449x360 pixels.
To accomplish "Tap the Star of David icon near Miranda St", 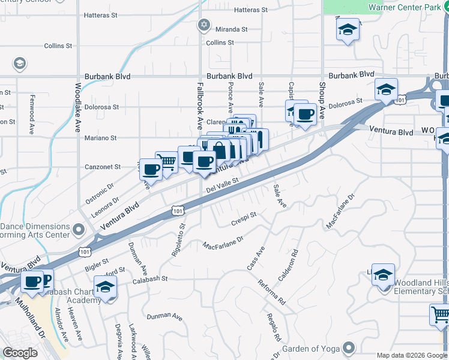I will coord(203,25).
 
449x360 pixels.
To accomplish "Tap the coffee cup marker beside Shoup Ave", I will coord(305,114).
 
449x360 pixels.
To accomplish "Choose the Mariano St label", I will coord(101,138).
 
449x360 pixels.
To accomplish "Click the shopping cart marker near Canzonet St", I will coord(167,161).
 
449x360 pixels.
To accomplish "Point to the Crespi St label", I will coord(244,219).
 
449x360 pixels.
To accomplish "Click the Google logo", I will coord(20,353).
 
